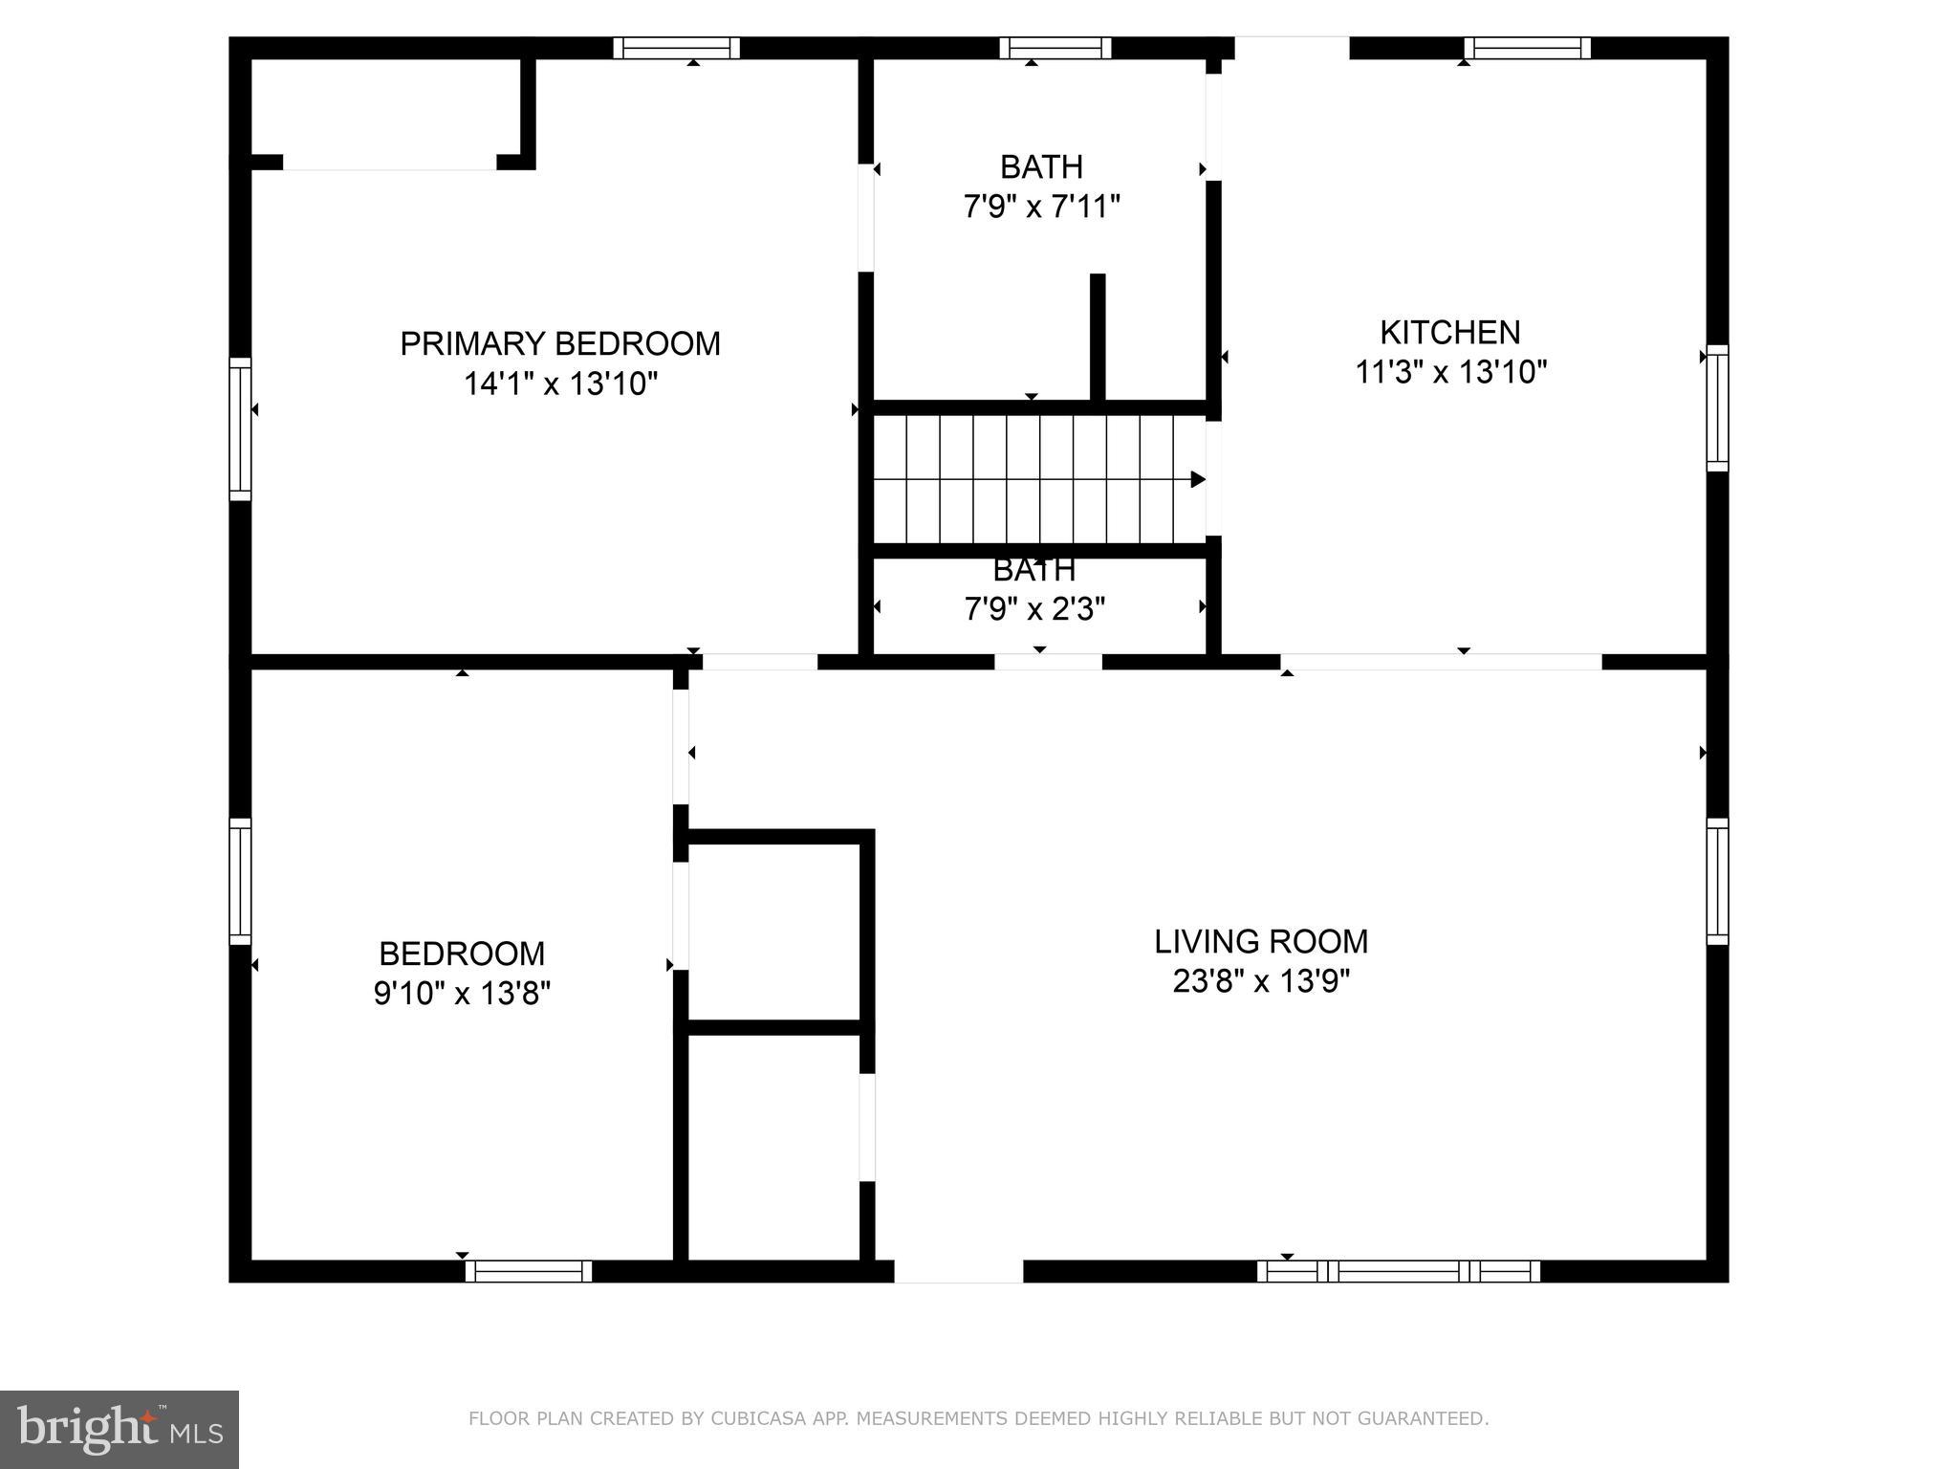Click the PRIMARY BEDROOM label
(559, 344)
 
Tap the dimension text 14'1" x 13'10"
(560, 384)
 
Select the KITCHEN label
(1449, 333)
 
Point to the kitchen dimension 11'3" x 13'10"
(1450, 372)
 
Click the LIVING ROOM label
(1261, 942)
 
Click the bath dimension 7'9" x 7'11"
(1041, 207)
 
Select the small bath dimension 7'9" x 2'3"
(1034, 609)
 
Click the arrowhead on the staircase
(1197, 479)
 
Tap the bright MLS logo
(120, 1429)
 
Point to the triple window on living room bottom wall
(1398, 1271)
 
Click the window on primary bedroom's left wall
(240, 429)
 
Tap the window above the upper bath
(1055, 48)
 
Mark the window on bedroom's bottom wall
(529, 1271)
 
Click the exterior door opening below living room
(958, 1271)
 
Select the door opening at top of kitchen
(1292, 48)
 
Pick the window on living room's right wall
(1717, 881)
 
